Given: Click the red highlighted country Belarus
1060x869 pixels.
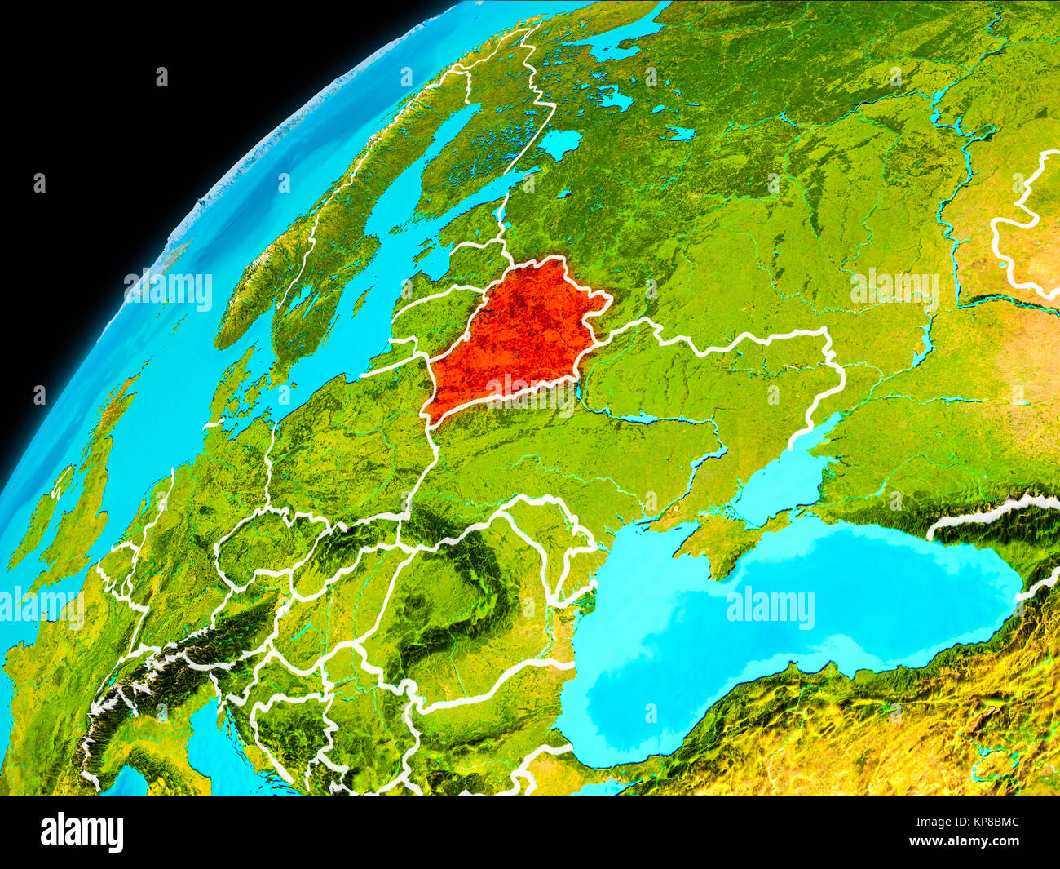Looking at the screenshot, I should (x=514, y=335).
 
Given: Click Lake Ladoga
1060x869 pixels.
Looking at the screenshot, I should (x=559, y=144).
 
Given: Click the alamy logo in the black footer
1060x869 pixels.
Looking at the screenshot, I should (x=82, y=832).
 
